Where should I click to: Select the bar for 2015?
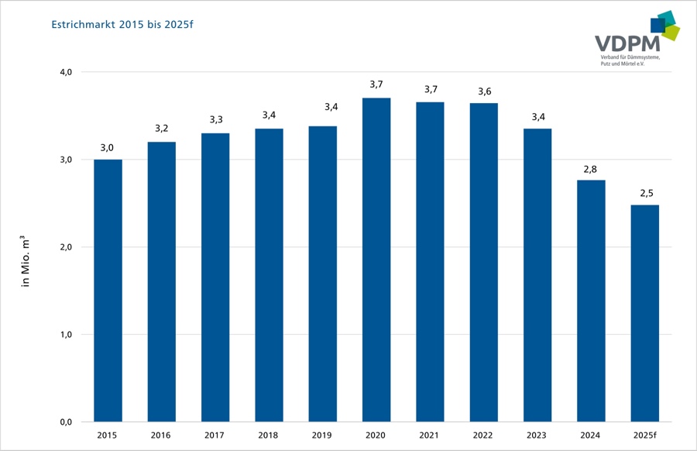(x=108, y=291)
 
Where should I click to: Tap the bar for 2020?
(x=376, y=260)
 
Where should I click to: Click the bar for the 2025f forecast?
(x=644, y=313)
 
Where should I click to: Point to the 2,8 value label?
(x=591, y=168)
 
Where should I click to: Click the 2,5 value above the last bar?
(x=644, y=193)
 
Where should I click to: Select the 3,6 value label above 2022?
(x=484, y=91)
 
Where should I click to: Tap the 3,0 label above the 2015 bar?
(x=108, y=148)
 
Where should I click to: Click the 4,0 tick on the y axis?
(x=66, y=72)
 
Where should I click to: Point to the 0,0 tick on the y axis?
(x=66, y=422)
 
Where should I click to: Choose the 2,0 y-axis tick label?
(x=66, y=247)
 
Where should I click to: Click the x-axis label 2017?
(x=215, y=436)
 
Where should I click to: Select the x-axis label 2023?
(x=537, y=436)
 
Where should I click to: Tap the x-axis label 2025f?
(x=644, y=436)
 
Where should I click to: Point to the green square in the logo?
(x=671, y=32)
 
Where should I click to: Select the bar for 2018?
(x=269, y=275)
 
